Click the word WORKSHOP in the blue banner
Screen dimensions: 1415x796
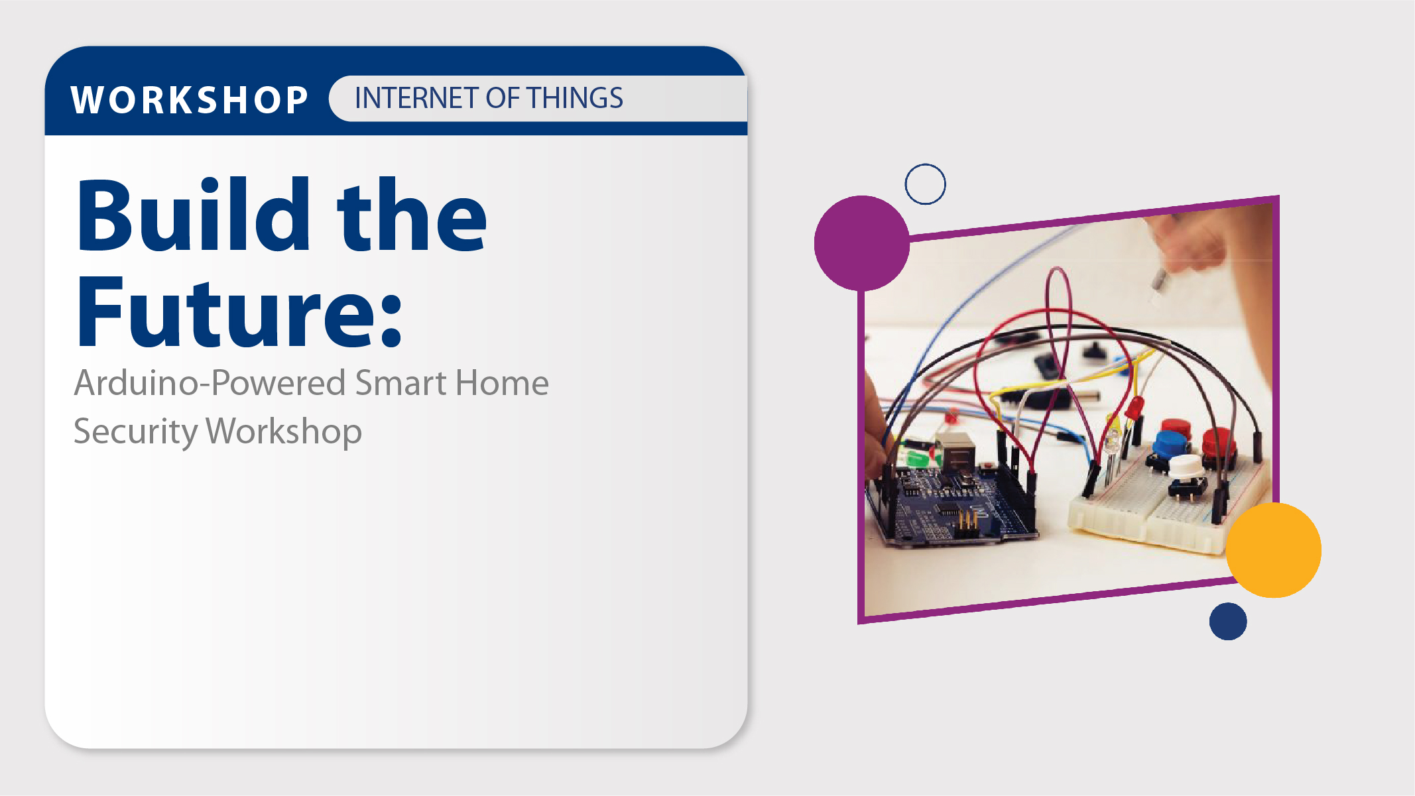pyautogui.click(x=190, y=100)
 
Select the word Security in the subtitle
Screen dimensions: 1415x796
pyautogui.click(x=135, y=432)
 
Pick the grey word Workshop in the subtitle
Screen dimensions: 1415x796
pyautogui.click(x=284, y=432)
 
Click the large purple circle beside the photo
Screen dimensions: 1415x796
pyautogui.click(x=862, y=243)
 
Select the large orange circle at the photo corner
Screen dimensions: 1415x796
pyautogui.click(x=1273, y=550)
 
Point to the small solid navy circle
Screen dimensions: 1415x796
pyautogui.click(x=1228, y=621)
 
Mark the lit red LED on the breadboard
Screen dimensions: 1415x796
pyautogui.click(x=1135, y=407)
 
